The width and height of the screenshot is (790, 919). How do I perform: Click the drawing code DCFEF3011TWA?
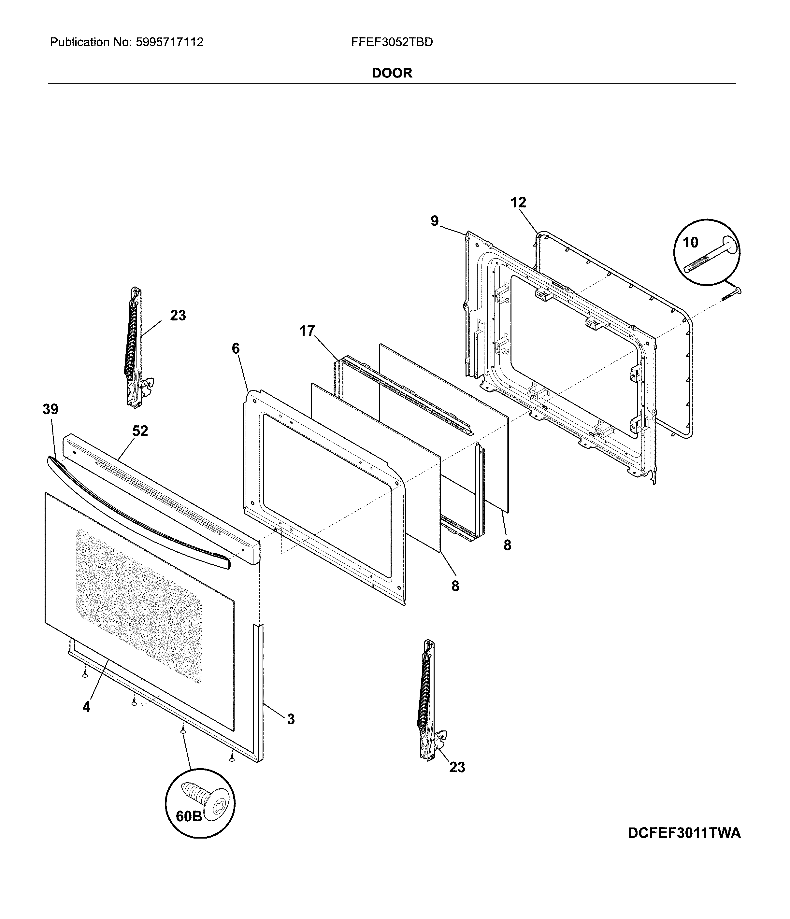(684, 833)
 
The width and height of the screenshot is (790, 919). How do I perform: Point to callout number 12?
(518, 203)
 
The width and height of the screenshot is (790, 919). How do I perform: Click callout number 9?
(434, 221)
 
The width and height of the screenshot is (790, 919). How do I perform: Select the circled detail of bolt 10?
(707, 252)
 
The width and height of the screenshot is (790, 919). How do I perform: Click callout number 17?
(307, 331)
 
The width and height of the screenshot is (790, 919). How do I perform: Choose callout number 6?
(236, 349)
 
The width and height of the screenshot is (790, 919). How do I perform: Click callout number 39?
(50, 409)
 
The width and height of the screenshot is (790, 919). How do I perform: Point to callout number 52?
(140, 431)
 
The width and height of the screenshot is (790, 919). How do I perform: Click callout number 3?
(291, 719)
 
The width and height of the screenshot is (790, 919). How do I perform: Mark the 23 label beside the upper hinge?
(178, 315)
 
